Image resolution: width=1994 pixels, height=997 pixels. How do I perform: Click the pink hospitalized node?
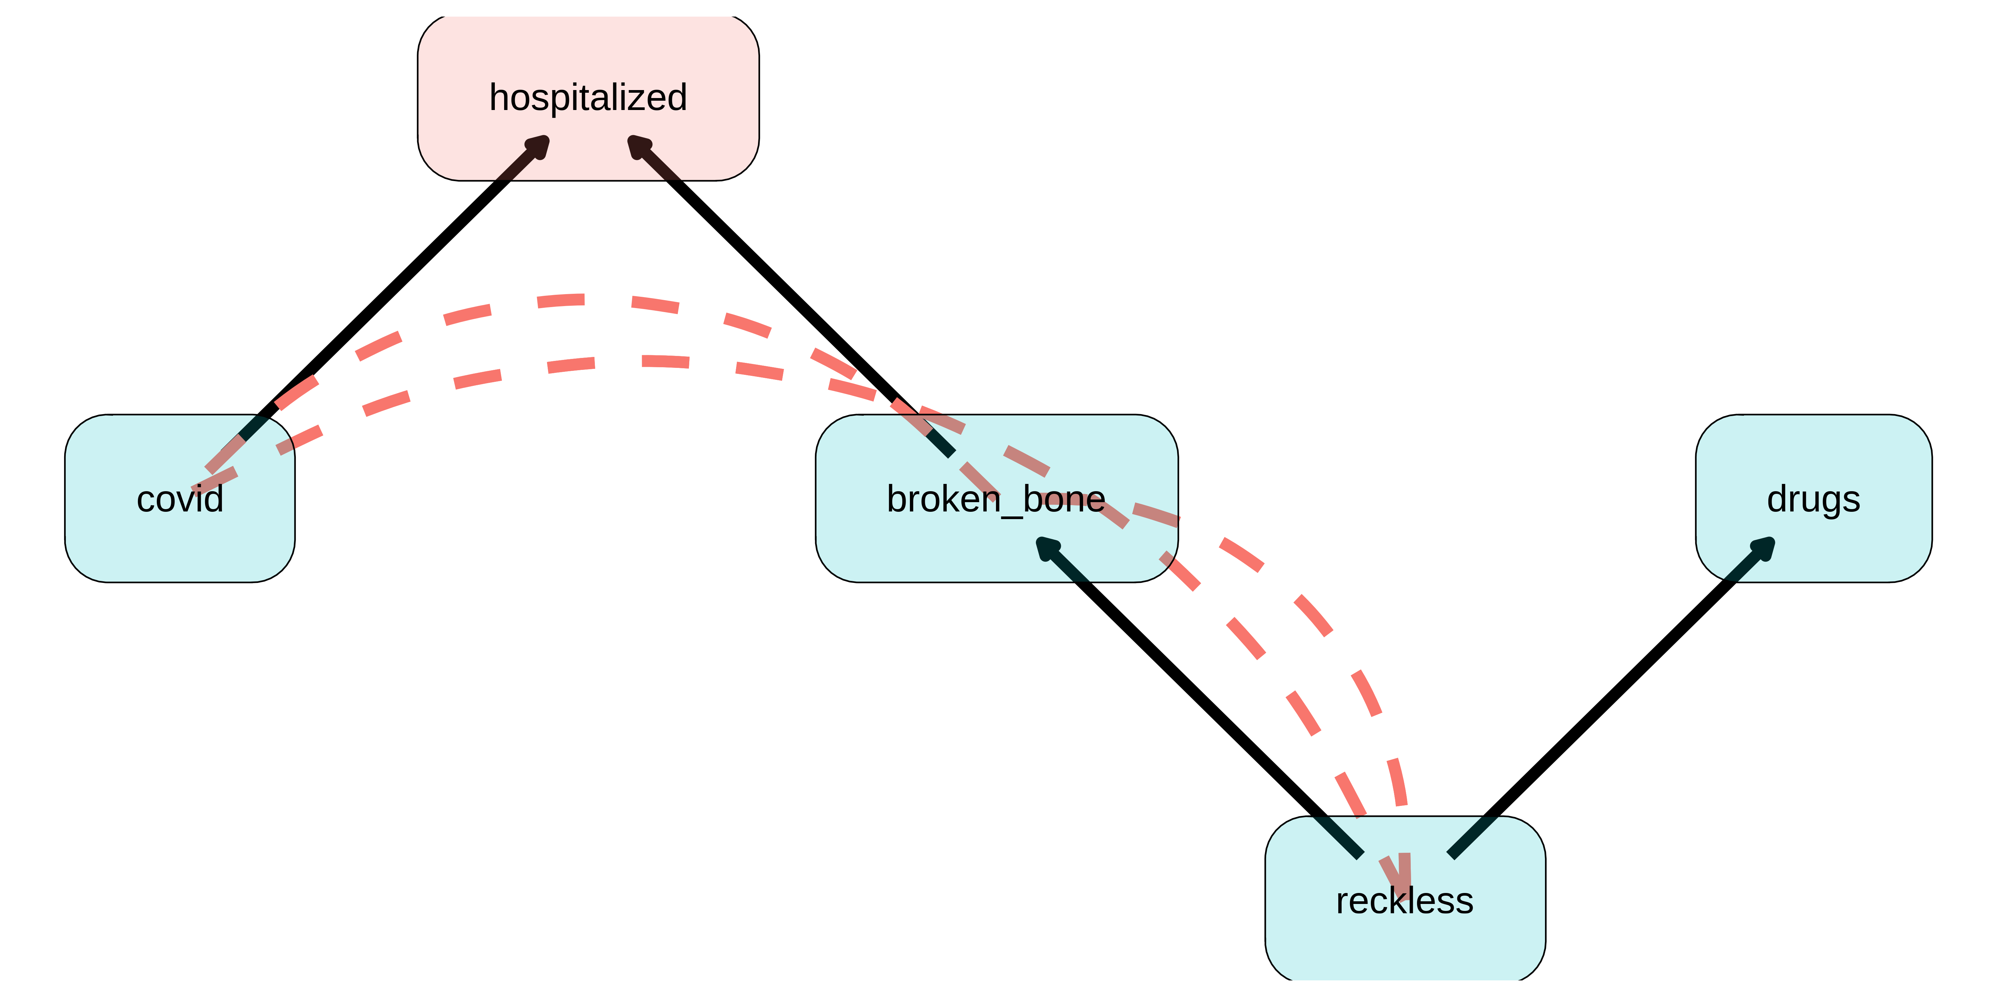click(x=588, y=54)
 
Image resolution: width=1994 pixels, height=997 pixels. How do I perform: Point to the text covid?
click(x=179, y=499)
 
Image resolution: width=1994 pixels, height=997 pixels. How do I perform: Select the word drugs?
click(x=1814, y=499)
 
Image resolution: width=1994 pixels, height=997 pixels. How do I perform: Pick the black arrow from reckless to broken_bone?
click(x=1200, y=697)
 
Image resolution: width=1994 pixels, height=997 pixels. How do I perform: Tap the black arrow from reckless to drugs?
click(x=1610, y=697)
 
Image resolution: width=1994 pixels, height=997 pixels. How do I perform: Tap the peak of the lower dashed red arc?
click(x=642, y=361)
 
